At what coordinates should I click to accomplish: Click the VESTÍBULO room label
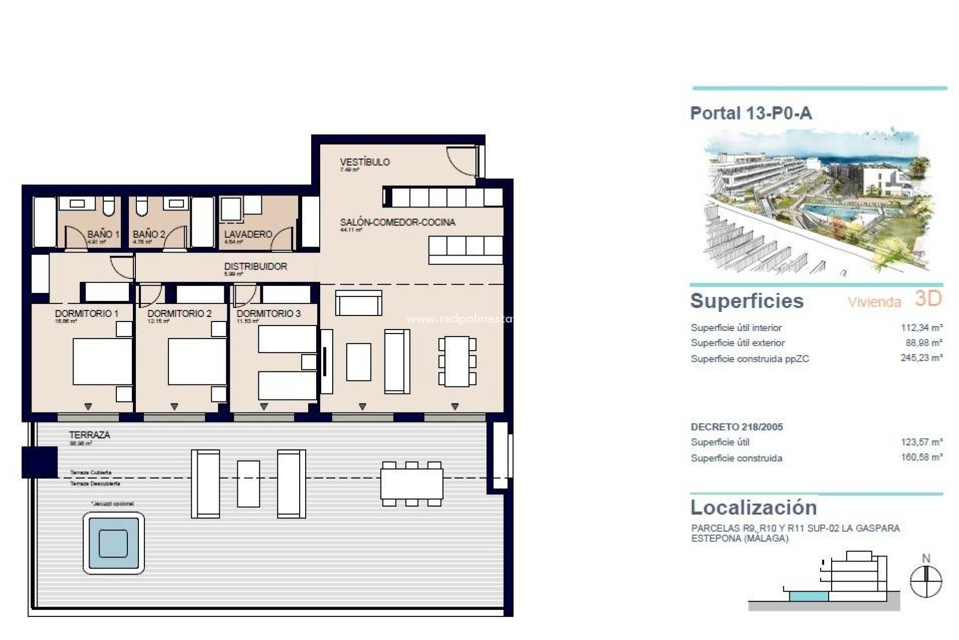pyautogui.click(x=365, y=162)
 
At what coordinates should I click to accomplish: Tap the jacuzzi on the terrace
pyautogui.click(x=113, y=543)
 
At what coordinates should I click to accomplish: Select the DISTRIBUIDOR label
pyautogui.click(x=255, y=266)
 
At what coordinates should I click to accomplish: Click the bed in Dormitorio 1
pyautogui.click(x=102, y=361)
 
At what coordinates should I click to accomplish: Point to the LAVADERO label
pyautogui.click(x=248, y=234)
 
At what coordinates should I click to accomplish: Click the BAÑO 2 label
pyautogui.click(x=148, y=234)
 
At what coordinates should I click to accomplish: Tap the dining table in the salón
pyautogui.click(x=457, y=361)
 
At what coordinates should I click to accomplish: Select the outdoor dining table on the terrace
pyautogui.click(x=412, y=484)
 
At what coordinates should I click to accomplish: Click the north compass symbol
pyautogui.click(x=926, y=581)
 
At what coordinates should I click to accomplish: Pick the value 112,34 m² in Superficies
pyautogui.click(x=921, y=328)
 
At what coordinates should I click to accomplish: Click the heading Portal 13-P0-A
pyautogui.click(x=751, y=113)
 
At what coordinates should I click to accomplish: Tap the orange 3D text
pyautogui.click(x=928, y=298)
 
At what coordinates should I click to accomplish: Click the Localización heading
pyautogui.click(x=753, y=507)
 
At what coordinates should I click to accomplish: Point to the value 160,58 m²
pyautogui.click(x=921, y=457)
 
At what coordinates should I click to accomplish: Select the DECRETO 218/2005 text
pyautogui.click(x=736, y=427)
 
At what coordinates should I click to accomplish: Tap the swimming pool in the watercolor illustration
pyautogui.click(x=829, y=212)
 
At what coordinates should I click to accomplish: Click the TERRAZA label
pyautogui.click(x=89, y=435)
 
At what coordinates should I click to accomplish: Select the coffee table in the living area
pyautogui.click(x=358, y=361)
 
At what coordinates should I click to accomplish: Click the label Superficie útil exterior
pyautogui.click(x=737, y=343)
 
